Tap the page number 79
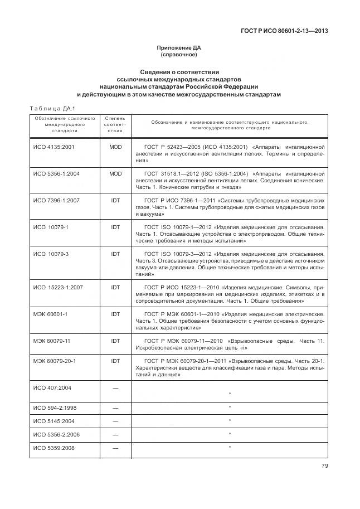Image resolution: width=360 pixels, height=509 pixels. pos(324,467)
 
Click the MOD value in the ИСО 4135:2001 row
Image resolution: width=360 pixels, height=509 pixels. pos(115,147)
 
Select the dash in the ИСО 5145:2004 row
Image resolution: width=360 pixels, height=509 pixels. pos(115,421)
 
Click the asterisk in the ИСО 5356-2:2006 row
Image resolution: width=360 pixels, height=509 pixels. pos(230,434)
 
